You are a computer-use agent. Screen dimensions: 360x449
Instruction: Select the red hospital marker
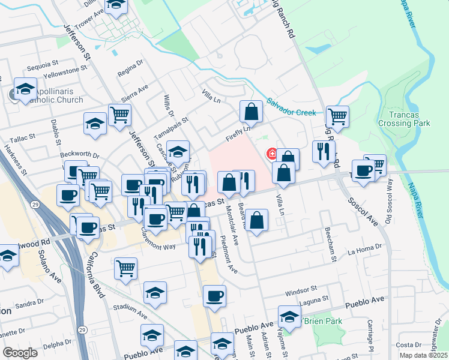[x=272, y=154]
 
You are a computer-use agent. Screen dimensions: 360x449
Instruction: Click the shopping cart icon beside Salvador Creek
[x=337, y=117]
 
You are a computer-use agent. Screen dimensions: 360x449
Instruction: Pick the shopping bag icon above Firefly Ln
[x=251, y=111]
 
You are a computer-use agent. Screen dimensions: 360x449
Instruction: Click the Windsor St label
[x=300, y=291]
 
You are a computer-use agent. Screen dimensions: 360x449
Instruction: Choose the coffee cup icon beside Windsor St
[x=214, y=296]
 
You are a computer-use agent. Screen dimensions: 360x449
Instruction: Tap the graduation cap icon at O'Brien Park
[x=289, y=317]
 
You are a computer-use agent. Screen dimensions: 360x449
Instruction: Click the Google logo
[x=20, y=352]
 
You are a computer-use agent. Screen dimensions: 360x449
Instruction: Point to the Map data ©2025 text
[x=423, y=355]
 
